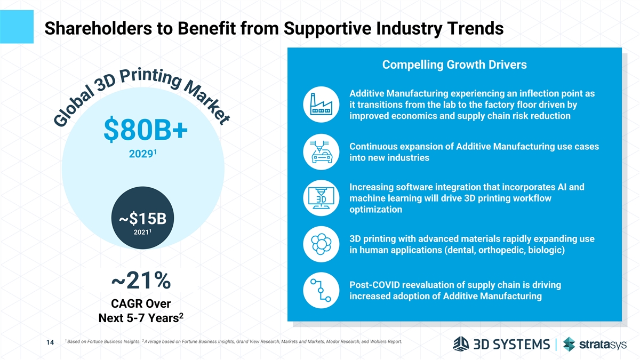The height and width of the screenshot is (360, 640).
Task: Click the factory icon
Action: pyautogui.click(x=320, y=103)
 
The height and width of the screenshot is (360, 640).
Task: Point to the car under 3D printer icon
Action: pyautogui.click(x=320, y=152)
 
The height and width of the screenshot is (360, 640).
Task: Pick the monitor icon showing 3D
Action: pyautogui.click(x=321, y=198)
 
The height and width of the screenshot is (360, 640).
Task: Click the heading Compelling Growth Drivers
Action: pyautogui.click(x=454, y=65)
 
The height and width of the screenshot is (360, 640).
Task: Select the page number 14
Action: pyautogui.click(x=49, y=345)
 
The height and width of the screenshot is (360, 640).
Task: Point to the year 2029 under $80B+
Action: pyautogui.click(x=140, y=155)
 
